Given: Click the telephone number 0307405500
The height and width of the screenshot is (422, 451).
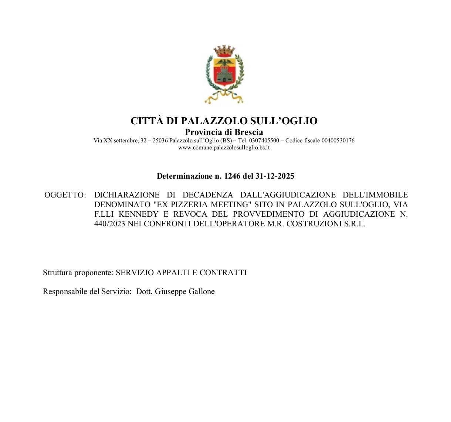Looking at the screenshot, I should pyautogui.click(x=264, y=141).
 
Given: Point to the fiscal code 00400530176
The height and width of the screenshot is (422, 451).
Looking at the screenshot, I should pyautogui.click(x=338, y=141).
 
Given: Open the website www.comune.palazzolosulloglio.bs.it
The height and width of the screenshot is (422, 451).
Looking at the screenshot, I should pyautogui.click(x=224, y=148).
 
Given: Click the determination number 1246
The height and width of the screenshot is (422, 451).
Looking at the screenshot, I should pyautogui.click(x=232, y=176).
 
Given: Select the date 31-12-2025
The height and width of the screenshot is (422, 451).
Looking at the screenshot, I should pyautogui.click(x=275, y=176).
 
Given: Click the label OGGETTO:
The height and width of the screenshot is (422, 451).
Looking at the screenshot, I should pyautogui.click(x=65, y=195).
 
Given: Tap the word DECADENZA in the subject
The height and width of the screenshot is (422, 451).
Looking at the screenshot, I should pyautogui.click(x=208, y=195).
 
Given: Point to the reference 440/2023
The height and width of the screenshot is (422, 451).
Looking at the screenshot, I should pyautogui.click(x=110, y=224).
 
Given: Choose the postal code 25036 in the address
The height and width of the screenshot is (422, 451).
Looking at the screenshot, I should pyautogui.click(x=160, y=141).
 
